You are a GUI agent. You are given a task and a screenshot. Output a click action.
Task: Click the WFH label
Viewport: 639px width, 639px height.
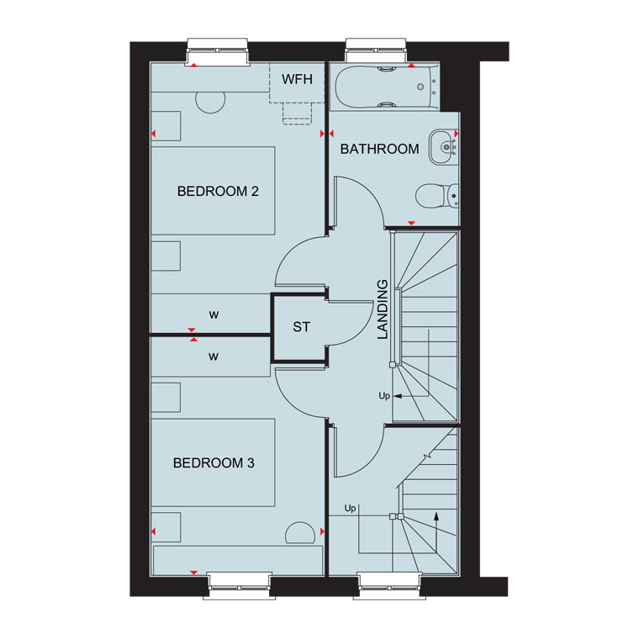tap(297, 79)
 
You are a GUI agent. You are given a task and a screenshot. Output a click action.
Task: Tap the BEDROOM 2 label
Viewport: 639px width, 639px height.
tap(218, 191)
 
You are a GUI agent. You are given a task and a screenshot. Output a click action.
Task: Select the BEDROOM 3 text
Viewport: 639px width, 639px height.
tap(214, 463)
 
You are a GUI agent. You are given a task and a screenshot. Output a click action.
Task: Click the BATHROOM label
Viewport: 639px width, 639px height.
tap(379, 149)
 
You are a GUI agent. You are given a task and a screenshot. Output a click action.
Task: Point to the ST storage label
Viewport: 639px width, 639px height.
tap(302, 327)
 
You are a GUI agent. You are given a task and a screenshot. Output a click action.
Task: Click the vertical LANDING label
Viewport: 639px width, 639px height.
tap(383, 309)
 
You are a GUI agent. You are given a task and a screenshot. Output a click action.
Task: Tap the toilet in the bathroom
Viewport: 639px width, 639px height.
tap(437, 196)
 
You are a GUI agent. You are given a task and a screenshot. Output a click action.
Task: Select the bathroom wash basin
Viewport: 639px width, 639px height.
tap(444, 146)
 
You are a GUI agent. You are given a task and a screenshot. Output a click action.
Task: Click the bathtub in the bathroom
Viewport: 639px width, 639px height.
tap(386, 87)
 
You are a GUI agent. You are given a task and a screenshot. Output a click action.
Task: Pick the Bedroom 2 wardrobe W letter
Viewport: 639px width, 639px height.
tap(214, 315)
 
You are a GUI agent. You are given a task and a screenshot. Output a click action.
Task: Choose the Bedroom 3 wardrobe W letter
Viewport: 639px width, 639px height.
tap(213, 357)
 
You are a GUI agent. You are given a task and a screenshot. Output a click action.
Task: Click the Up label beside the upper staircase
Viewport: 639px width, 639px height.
tap(384, 396)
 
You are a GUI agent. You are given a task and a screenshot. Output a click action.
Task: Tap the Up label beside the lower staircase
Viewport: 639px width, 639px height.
tap(350, 508)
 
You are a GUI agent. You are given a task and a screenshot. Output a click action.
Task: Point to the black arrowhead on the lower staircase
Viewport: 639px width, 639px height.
tap(436, 516)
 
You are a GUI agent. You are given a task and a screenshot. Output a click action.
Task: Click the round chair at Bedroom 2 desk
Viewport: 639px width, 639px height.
tap(210, 103)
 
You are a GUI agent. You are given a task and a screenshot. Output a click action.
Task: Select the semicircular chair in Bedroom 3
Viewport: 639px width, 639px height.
tap(300, 532)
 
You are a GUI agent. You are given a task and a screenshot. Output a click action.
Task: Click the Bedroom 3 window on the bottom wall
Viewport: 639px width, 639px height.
tap(240, 586)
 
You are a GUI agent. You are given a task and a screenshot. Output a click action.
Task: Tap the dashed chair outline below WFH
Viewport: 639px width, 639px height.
tap(297, 114)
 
